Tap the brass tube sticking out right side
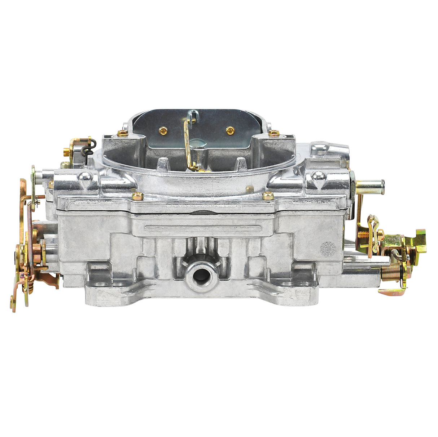pyautogui.click(x=370, y=186)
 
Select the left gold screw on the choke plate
pyautogui.click(x=163, y=130)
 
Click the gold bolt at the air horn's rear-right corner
pyautogui.click(x=274, y=133)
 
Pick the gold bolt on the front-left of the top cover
pyautogui.click(x=137, y=196)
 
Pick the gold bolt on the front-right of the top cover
pyautogui.click(x=268, y=196)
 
